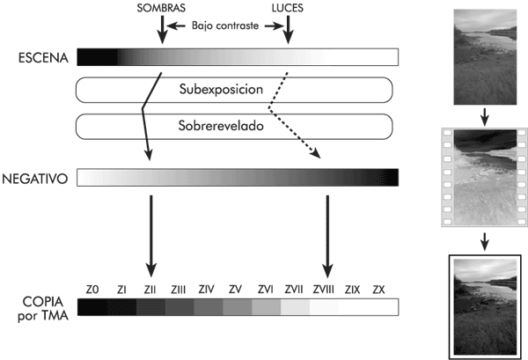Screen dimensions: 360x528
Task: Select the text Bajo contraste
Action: [x=224, y=26]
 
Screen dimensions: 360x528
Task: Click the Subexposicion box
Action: [x=233, y=90]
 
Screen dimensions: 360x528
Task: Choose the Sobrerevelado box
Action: [x=233, y=126]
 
